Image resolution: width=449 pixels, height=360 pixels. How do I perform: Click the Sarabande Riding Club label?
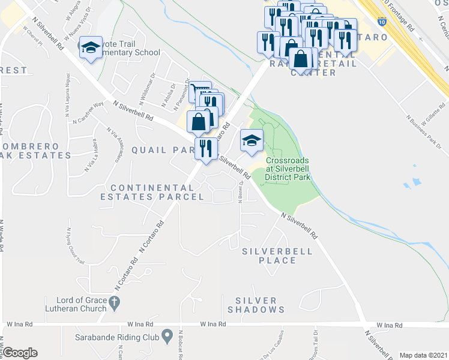click(117, 337)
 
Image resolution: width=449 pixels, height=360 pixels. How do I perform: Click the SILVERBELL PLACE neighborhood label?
click(277, 256)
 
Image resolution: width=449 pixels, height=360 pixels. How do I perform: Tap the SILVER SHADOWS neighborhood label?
click(256, 305)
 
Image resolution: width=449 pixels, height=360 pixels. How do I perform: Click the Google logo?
click(20, 352)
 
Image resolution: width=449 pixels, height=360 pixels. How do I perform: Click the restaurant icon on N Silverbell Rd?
click(206, 148)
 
